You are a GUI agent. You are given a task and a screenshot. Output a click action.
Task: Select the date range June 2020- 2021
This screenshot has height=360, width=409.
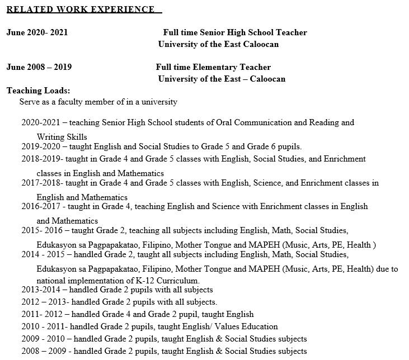pos(37,32)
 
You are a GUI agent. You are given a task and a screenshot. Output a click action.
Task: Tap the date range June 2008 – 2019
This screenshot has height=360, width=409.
pos(39,67)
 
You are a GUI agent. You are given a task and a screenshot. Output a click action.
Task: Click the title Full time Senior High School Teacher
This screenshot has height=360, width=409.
pos(235,32)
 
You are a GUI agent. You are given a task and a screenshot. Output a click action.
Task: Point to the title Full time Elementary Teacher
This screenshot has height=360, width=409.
pos(213,67)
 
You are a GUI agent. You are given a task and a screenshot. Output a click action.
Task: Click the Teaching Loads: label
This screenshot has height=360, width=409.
pos(38,91)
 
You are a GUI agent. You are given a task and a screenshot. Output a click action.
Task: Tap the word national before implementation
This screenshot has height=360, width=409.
pos(51,280)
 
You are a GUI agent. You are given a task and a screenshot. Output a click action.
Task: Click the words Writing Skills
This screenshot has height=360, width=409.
pos(62,136)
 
